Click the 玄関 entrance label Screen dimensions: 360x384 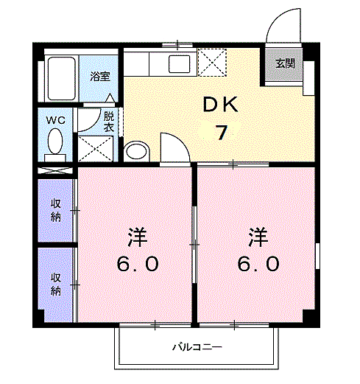click(285, 63)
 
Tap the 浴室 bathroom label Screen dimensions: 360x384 click(100, 77)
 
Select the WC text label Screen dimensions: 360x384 click(56, 120)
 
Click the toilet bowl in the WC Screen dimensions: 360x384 click(55, 142)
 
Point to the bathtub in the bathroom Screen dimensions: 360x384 click(61, 78)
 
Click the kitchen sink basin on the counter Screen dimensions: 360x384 click(180, 64)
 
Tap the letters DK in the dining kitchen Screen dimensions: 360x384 click(220, 105)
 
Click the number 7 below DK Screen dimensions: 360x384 click(222, 132)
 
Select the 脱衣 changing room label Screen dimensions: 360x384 click(108, 122)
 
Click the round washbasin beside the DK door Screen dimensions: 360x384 click(137, 151)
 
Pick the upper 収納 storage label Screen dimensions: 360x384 click(56, 210)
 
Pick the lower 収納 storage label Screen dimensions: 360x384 click(56, 284)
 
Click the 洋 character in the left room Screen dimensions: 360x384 click(138, 237)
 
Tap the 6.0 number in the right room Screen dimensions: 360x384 click(258, 264)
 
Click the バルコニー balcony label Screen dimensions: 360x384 click(197, 347)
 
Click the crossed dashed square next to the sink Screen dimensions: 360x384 click(212, 63)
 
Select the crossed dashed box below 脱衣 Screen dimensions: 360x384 click(96, 149)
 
